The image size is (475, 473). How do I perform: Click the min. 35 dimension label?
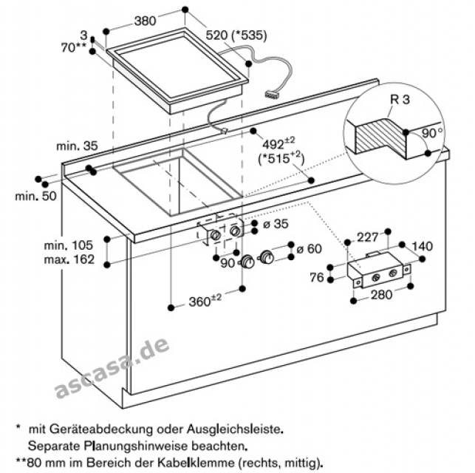click(76, 147)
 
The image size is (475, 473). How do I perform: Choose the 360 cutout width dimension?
click(205, 302)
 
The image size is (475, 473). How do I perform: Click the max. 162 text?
click(73, 259)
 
